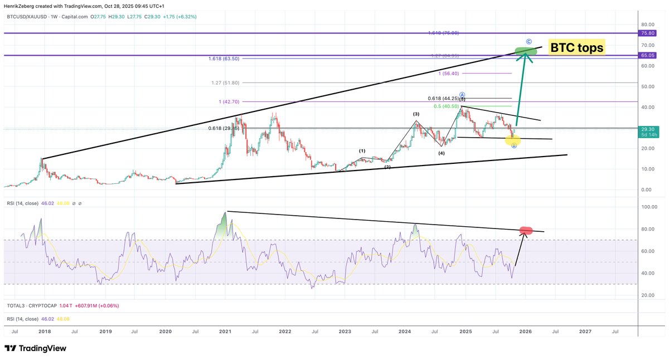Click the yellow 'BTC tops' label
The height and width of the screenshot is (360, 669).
point(576,48)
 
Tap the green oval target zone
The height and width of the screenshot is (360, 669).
point(526,51)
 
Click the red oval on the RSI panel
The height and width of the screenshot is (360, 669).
point(526,230)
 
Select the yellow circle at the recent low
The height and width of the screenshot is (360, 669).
point(513,140)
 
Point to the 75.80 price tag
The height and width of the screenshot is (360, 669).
point(648,33)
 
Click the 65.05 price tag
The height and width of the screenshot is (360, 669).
point(648,55)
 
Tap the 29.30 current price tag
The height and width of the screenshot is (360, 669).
point(648,128)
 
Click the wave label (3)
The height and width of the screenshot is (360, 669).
point(416,114)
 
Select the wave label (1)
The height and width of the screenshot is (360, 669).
point(362,151)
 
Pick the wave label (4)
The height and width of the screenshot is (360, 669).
point(441,153)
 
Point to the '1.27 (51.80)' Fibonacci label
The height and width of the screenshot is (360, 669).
point(226,82)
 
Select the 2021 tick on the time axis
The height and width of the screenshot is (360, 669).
point(225,332)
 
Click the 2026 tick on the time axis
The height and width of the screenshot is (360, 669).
point(525,332)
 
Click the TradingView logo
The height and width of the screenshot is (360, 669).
point(35,348)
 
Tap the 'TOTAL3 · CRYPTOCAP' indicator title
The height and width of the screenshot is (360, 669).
point(30,305)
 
